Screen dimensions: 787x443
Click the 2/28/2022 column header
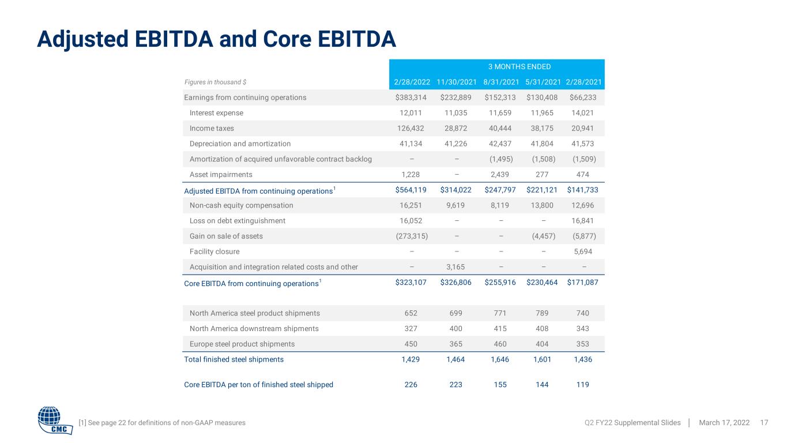coord(412,82)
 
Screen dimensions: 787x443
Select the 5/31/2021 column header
coord(543,82)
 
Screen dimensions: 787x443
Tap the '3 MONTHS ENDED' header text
coord(519,67)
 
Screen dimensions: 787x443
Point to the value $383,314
coord(411,97)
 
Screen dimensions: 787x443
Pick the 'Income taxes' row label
coord(212,128)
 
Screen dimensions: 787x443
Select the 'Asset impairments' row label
coord(221,174)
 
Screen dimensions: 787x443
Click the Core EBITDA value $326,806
coord(455,282)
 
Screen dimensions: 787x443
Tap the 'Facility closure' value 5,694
coord(583,251)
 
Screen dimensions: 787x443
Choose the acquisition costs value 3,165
coord(455,267)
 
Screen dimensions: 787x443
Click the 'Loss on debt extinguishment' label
coord(237,221)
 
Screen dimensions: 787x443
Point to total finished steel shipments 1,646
coord(500,359)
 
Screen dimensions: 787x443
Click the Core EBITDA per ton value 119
coord(582,385)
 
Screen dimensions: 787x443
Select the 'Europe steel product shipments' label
coord(242,344)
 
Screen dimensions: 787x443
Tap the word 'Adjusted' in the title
coord(82,39)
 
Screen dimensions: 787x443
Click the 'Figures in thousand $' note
coord(216,82)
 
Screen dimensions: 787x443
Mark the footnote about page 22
coord(162,423)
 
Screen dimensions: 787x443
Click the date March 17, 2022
coord(724,423)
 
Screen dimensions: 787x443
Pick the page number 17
coord(764,423)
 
